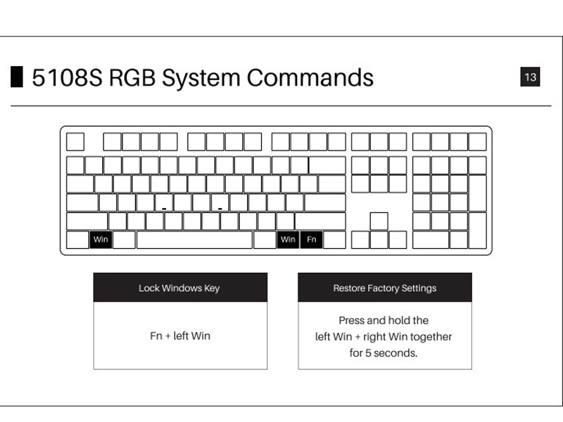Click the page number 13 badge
tap(530, 77)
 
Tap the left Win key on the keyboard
tap(101, 240)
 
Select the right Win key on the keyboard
tap(288, 240)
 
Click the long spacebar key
tap(194, 240)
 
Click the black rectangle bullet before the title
tap(17, 77)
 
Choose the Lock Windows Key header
tap(179, 288)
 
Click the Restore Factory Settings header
tap(385, 288)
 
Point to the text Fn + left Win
tap(180, 335)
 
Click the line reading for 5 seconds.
tap(384, 353)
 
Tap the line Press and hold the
tap(384, 320)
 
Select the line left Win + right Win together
tap(384, 337)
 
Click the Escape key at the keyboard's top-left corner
tap(75, 141)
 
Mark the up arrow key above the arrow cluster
tap(379, 221)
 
